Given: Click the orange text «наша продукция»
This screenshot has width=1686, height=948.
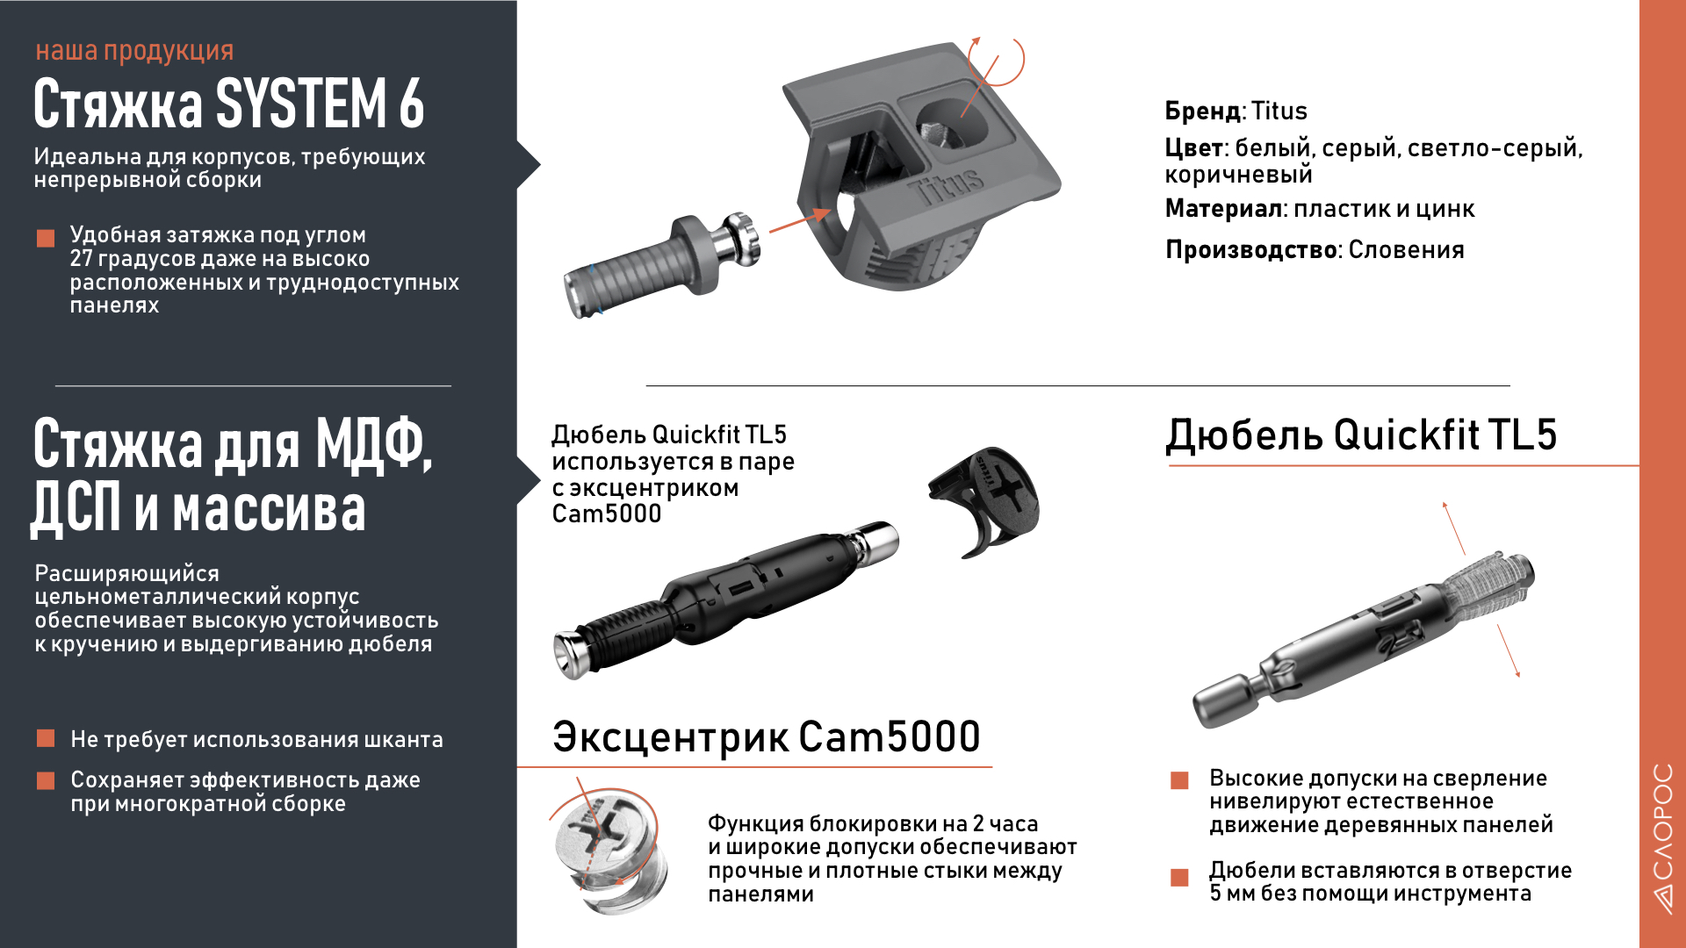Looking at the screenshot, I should [134, 51].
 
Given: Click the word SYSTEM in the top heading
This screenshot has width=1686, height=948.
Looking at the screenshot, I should [301, 104].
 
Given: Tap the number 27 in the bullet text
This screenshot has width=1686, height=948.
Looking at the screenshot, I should [81, 259].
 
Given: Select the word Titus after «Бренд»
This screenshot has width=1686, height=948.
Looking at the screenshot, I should [1279, 111].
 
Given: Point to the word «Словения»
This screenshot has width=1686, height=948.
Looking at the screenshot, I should [1406, 250].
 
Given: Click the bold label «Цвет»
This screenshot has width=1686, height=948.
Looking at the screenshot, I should [1193, 148].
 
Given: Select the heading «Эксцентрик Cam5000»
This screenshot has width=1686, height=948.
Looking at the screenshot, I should [766, 737].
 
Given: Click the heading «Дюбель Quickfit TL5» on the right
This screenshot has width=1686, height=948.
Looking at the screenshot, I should [1361, 435].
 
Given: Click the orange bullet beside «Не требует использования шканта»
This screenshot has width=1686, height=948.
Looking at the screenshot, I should [46, 739].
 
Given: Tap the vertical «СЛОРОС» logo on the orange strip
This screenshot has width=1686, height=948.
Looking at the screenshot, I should [1662, 838].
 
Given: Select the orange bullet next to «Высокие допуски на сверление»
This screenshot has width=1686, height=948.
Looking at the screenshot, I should [1179, 780].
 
